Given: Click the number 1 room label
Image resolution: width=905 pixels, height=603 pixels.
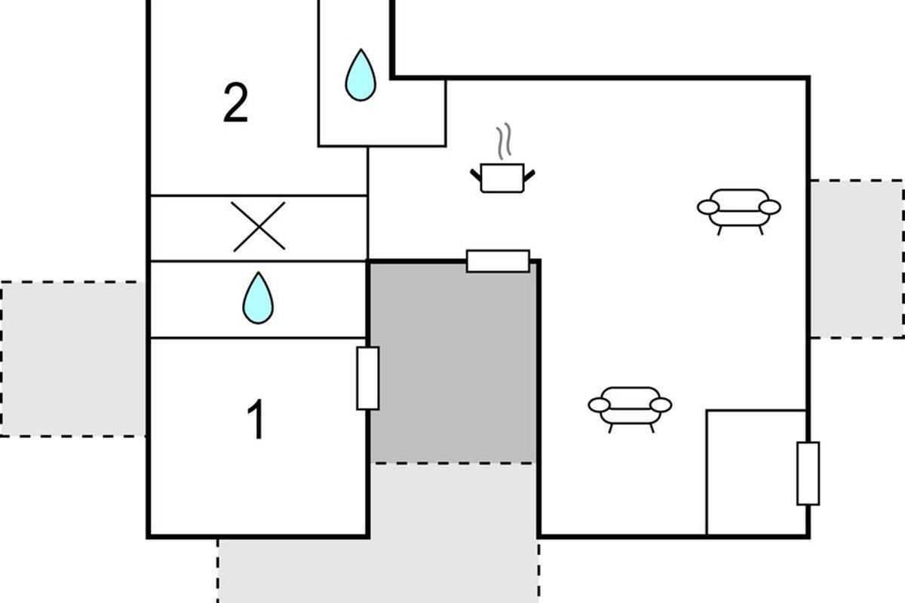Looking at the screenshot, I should (257, 421).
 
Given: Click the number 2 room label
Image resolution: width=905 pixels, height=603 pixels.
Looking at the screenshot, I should (235, 103).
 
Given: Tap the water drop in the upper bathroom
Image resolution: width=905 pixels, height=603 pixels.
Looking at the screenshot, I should (360, 75).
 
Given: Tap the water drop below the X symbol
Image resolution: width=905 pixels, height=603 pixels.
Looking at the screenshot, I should (258, 298).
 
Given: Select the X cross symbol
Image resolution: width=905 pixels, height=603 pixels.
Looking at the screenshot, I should (259, 226).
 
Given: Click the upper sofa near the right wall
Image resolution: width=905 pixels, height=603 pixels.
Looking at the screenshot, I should (739, 209).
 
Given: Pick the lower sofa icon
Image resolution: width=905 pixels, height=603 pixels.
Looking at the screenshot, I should (630, 407).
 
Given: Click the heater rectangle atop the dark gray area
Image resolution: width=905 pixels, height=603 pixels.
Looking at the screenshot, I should (498, 261).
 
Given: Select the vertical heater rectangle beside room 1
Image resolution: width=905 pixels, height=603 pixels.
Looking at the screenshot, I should (367, 378).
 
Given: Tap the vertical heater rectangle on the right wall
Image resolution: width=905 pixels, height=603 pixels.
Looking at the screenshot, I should (808, 473).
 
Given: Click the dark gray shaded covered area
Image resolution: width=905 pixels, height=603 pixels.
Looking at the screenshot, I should (452, 362).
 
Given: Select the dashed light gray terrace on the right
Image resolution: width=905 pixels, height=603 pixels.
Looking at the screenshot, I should (856, 259).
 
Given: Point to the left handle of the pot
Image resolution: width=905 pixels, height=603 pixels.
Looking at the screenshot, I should (476, 175).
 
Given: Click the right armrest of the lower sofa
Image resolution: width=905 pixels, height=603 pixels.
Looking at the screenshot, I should (661, 405).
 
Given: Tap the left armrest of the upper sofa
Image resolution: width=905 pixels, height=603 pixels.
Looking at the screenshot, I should (708, 207).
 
